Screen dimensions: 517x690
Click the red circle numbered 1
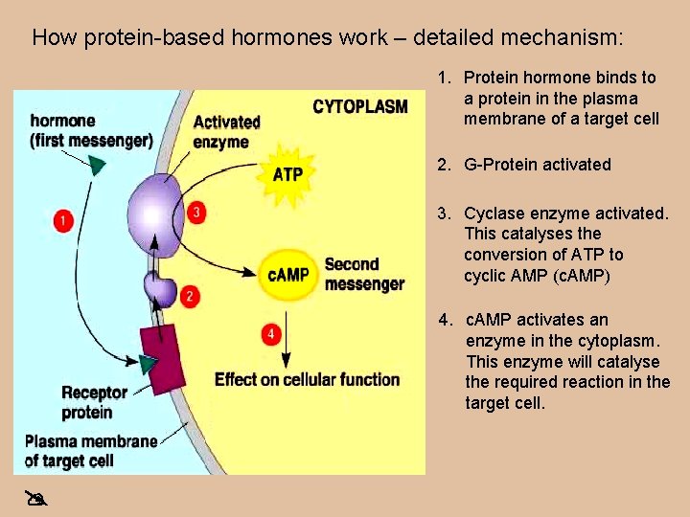pos(64,221)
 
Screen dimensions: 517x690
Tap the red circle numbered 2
pos(191,297)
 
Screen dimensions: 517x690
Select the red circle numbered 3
pos(197,213)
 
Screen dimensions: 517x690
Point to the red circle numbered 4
pos(272,334)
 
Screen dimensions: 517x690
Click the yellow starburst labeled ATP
pos(287,173)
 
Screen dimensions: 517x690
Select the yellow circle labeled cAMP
pos(287,275)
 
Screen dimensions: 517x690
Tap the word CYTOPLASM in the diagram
pos(360,106)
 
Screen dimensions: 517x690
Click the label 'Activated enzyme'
pos(226,132)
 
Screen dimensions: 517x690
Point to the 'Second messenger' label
pos(363,274)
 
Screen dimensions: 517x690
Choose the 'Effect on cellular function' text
pos(307,379)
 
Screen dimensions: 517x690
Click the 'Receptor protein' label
pos(94,402)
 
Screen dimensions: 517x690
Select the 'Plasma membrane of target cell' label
pos(90,451)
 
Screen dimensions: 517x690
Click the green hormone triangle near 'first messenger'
pos(97,164)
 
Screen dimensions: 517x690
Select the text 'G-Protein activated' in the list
pos(537,165)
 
